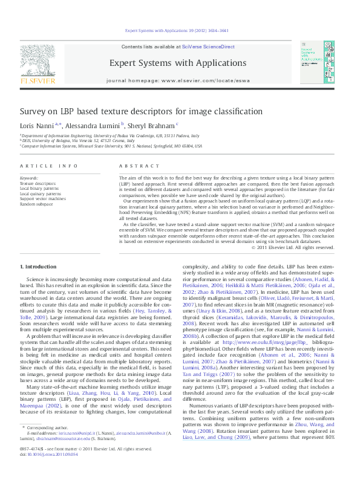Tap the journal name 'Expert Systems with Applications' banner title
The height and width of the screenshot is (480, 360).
point(177,63)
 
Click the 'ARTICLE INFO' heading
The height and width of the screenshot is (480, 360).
point(48,166)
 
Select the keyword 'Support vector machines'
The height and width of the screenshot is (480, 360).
point(43,198)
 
